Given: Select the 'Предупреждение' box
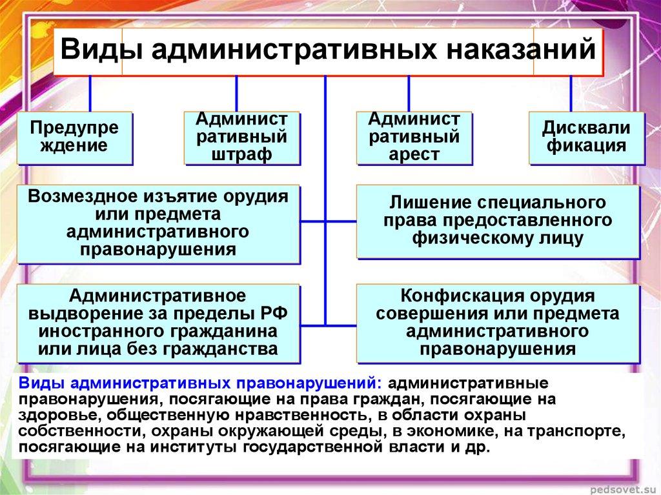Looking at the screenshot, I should click(x=75, y=137).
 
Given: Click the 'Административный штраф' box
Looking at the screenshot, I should click(x=242, y=137).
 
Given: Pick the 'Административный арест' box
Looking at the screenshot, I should click(x=414, y=137).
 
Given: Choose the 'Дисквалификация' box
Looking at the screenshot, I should click(x=586, y=137).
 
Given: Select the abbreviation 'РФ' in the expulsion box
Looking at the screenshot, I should click(x=274, y=314).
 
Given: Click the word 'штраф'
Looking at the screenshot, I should click(x=242, y=155).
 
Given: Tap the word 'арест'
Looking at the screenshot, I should click(x=414, y=155).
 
